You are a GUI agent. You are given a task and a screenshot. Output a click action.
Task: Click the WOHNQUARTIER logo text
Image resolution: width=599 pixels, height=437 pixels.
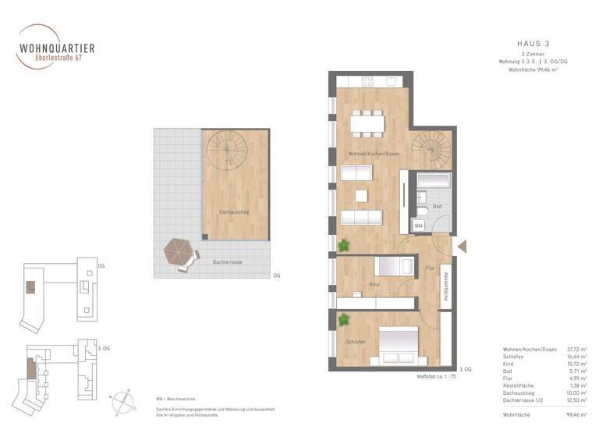(x=57, y=48)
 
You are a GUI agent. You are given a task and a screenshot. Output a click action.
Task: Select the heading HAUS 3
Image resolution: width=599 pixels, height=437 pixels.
(x=533, y=43)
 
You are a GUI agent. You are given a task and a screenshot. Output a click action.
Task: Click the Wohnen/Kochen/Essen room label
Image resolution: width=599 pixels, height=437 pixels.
(x=374, y=155)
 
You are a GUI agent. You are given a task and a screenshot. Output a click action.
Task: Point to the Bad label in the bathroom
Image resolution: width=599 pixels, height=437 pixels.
(x=437, y=207)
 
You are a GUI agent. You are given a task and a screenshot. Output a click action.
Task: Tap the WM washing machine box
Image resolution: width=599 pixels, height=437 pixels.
(x=419, y=225)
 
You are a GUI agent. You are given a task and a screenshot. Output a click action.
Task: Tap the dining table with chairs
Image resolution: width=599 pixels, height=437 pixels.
(x=367, y=123)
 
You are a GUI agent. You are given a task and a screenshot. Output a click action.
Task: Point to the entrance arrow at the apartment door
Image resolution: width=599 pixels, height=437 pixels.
(x=462, y=247)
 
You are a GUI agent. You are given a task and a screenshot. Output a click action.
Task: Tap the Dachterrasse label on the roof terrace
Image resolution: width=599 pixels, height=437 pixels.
(x=227, y=262)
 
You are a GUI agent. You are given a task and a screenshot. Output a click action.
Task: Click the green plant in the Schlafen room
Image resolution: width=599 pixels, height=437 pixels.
(x=342, y=318)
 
